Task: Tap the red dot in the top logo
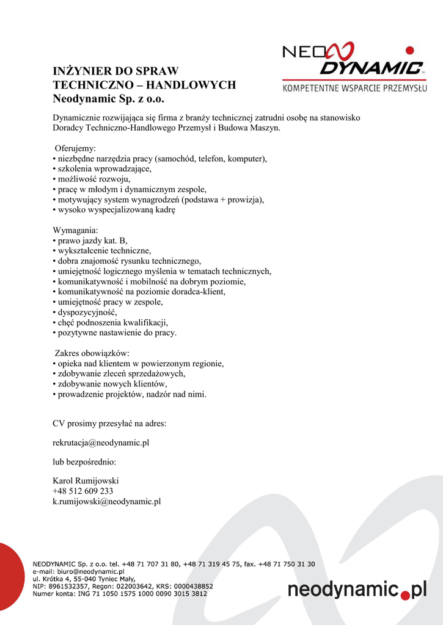coord(410,51)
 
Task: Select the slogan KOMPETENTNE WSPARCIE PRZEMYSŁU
coord(354,88)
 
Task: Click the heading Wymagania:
coord(76,230)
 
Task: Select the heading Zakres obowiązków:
coord(92,353)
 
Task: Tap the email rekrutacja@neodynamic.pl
coord(101,443)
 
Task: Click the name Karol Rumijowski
coord(86,480)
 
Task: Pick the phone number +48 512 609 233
coord(83,491)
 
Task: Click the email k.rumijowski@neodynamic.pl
coord(107,501)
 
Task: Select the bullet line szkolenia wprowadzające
coord(104,168)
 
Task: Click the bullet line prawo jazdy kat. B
coord(92,240)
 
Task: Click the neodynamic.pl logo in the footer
coord(357,590)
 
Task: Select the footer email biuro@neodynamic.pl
coord(91,571)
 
